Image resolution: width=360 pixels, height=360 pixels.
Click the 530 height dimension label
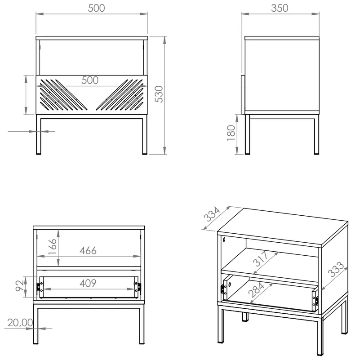pyautogui.click(x=159, y=94)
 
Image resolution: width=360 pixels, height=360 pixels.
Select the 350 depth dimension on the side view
pyautogui.click(x=280, y=8)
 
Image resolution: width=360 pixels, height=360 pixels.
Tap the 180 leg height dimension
pyautogui.click(x=231, y=133)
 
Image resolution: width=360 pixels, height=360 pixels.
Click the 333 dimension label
pyautogui.click(x=335, y=269)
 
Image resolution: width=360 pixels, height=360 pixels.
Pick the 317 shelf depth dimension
pyautogui.click(x=261, y=259)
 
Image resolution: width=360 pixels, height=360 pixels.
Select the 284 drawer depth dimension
pyautogui.click(x=257, y=290)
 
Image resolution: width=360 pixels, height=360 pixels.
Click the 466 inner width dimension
pyautogui.click(x=88, y=250)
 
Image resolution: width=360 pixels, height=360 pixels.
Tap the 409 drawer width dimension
pyautogui.click(x=88, y=283)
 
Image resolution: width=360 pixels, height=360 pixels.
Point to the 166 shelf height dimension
pyautogui.click(x=53, y=247)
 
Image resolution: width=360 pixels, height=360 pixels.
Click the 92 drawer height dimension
pyautogui.click(x=20, y=285)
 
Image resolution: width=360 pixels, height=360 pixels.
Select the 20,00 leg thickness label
pyautogui.click(x=20, y=323)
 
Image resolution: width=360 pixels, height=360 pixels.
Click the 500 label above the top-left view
pyautogui.click(x=97, y=8)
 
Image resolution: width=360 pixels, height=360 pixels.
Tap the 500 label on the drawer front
pyautogui.click(x=90, y=80)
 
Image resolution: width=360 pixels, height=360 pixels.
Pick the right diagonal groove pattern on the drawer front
pyautogui.click(x=120, y=94)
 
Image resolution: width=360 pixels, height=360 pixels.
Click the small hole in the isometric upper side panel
pyautogui.click(x=224, y=240)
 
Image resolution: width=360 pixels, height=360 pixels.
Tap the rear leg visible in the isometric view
pyautogui.click(x=245, y=316)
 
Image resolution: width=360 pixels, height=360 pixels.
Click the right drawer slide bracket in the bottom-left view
pyautogui.click(x=138, y=287)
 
